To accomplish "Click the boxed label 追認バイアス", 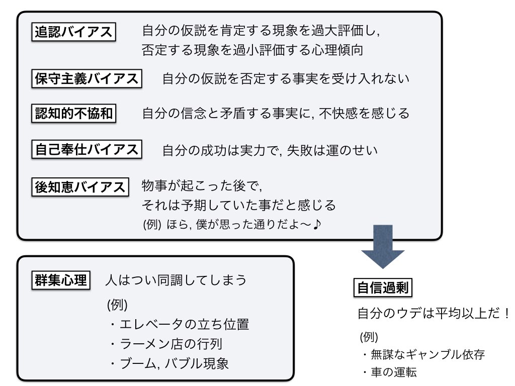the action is (73, 32).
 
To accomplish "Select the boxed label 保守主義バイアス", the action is (87, 78).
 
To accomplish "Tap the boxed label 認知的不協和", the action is (73, 113).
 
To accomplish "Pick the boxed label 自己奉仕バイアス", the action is (87, 149).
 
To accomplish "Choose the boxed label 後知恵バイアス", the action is (80, 187).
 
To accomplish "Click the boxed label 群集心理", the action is (61, 280).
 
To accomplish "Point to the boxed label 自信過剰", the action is (383, 288).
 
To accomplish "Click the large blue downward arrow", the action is (383, 246).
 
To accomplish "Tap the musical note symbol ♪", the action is (317, 225).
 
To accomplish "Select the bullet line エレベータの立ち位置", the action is (179, 324).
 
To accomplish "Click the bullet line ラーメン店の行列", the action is (166, 344).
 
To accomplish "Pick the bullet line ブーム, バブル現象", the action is (169, 363).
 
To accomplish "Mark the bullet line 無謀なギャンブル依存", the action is (423, 354).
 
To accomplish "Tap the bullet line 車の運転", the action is (389, 372).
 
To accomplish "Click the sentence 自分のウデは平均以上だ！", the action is (434, 313).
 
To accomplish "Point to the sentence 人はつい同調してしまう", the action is (176, 280).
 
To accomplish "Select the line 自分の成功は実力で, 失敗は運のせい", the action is (270, 150).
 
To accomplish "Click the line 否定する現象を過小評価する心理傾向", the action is (252, 50).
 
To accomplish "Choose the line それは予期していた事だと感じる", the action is (239, 205).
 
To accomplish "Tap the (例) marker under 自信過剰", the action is (369, 337).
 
